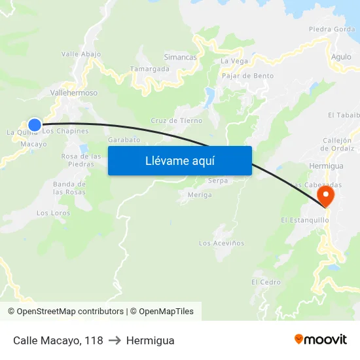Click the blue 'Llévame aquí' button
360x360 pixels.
[x=179, y=160]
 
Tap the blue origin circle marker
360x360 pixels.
[x=35, y=124]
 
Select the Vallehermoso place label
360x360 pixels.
[x=74, y=93]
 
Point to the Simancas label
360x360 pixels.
[x=180, y=58]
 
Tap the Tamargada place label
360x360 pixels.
[x=149, y=69]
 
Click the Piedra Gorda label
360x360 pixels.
[x=332, y=29]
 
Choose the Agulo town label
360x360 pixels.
[x=341, y=57]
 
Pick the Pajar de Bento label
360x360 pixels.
[x=248, y=76]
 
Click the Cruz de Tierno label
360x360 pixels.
[x=177, y=120]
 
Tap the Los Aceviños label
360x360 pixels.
[x=221, y=243]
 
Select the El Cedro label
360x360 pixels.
[x=266, y=282]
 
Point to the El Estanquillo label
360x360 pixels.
[x=304, y=220]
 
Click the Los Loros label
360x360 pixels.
[x=53, y=213]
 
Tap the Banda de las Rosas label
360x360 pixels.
[x=69, y=189]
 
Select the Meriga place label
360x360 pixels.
[x=200, y=195]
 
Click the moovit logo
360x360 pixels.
[x=320, y=340]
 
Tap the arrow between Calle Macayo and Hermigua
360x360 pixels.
[x=115, y=341]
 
